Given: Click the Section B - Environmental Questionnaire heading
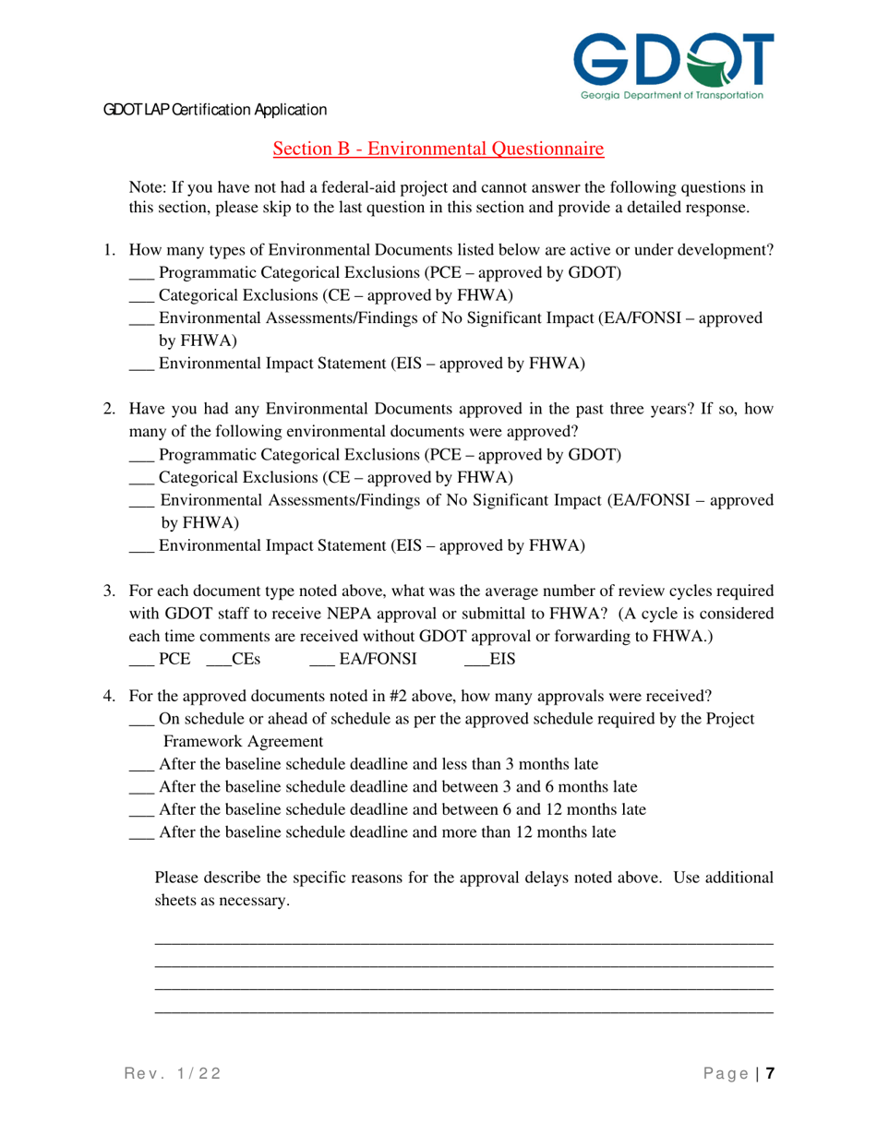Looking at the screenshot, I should (x=438, y=148).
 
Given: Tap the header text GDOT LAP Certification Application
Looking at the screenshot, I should (x=215, y=110).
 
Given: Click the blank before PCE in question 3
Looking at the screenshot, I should (x=140, y=661).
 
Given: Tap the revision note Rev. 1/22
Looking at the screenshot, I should (x=173, y=1074).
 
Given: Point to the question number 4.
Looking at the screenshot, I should (x=108, y=695).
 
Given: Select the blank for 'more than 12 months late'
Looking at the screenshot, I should (x=140, y=834).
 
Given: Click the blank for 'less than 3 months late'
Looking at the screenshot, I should (x=140, y=766).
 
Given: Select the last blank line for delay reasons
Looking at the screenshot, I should (x=463, y=1012).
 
